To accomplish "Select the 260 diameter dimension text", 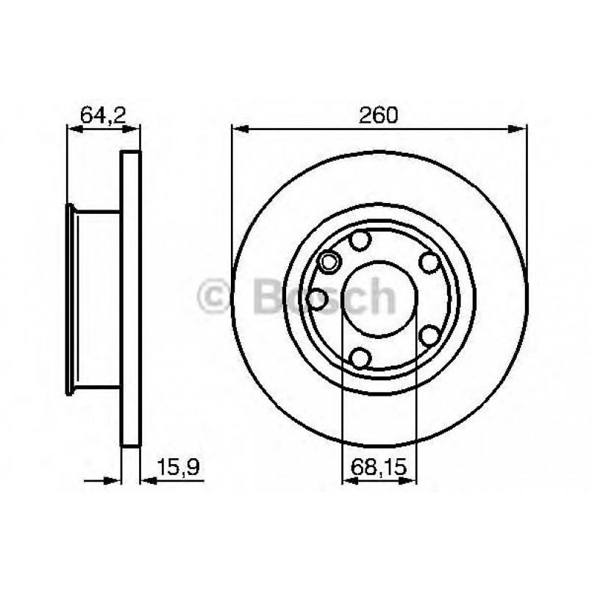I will pos(379,115).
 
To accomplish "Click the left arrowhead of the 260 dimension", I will pos(239,129).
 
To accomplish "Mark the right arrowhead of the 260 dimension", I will pos(521,129).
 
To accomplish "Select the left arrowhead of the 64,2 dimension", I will pos(74,129).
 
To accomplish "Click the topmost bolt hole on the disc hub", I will pos(360,240).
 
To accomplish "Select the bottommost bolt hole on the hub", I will pos(360,357).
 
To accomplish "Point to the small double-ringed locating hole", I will pos(329,260).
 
